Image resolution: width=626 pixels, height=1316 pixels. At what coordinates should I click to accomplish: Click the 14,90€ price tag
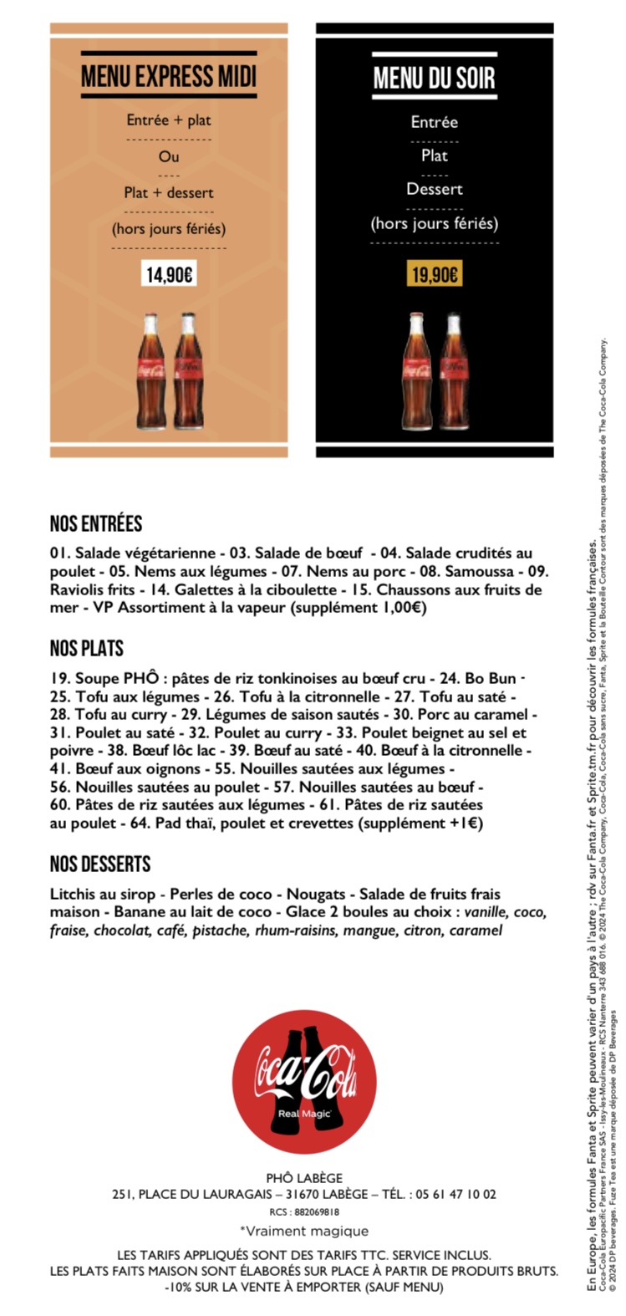coord(170,274)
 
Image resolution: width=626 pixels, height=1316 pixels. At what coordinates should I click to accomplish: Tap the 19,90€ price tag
coord(435,274)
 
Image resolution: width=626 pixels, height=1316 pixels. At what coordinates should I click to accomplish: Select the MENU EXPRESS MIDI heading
coord(169,77)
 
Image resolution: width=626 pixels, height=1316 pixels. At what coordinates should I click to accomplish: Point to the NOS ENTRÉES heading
coord(96,524)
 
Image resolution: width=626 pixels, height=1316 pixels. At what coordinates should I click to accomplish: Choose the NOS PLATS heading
coord(86,648)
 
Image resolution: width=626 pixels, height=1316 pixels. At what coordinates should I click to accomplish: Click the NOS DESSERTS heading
coord(100,865)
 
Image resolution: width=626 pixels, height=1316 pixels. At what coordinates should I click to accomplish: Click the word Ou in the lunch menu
coord(169,156)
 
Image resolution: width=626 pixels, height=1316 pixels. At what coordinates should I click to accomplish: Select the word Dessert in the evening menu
coord(435,189)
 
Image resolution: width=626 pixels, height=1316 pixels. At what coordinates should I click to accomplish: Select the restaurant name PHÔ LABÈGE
coord(304,1178)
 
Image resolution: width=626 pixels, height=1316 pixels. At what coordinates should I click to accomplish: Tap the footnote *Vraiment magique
coord(304,1231)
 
